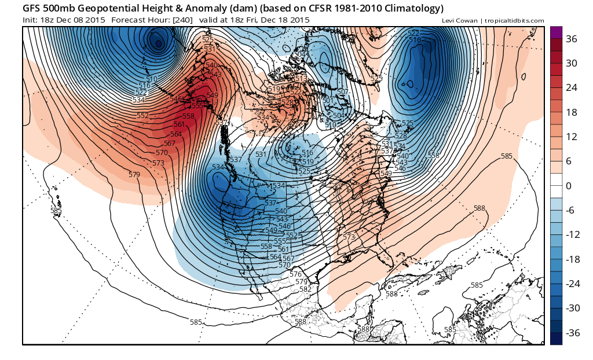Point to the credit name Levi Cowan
pyautogui.click(x=459, y=21)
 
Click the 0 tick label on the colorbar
pyautogui.click(x=569, y=186)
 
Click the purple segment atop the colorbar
pyautogui.click(x=556, y=32)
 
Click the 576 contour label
pyautogui.click(x=296, y=274)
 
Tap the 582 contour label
pyautogui.click(x=305, y=289)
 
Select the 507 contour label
pyautogui.click(x=342, y=92)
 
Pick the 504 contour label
pyautogui.click(x=338, y=116)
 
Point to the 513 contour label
pyautogui.click(x=301, y=78)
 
